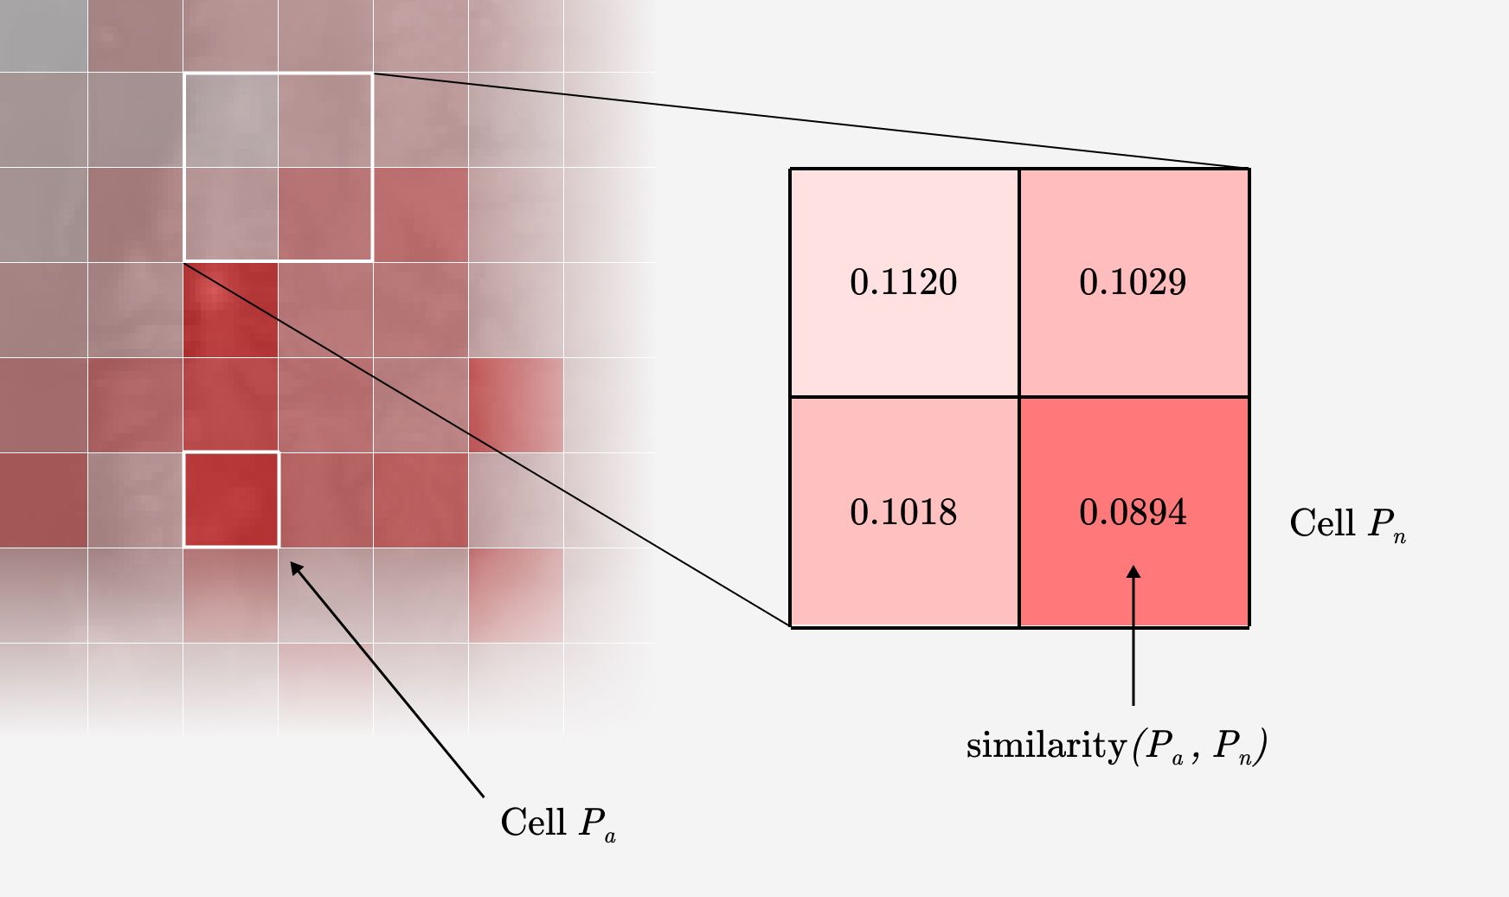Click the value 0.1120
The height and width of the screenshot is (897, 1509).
(x=903, y=282)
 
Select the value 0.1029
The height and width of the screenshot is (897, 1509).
(x=1133, y=282)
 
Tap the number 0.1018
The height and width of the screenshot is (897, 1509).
(x=903, y=512)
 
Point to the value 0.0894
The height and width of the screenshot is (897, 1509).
(x=1133, y=512)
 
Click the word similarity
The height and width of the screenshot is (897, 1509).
(x=1044, y=745)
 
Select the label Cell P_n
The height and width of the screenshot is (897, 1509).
(x=1347, y=523)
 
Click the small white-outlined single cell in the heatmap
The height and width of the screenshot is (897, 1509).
(x=231, y=500)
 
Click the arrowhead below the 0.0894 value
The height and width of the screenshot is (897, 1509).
(x=1133, y=573)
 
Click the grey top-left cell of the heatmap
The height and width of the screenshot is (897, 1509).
(x=43, y=35)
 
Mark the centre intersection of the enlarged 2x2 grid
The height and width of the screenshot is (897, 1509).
(x=1019, y=397)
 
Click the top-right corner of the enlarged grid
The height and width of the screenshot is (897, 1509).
(x=1249, y=169)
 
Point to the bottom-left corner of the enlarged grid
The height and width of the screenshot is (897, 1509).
(x=791, y=626)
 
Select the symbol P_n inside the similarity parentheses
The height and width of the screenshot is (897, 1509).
(x=1232, y=746)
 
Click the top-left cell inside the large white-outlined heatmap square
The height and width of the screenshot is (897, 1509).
(x=231, y=120)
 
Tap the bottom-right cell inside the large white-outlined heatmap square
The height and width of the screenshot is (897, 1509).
(x=325, y=215)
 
